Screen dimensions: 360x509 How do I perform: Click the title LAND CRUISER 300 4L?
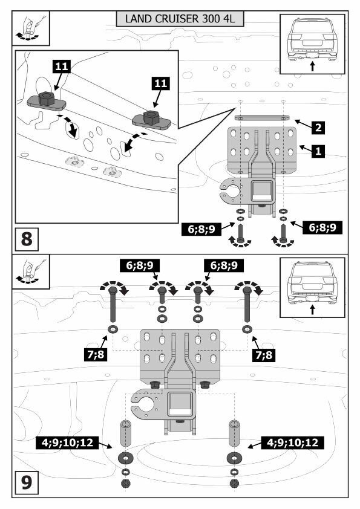(x=180, y=19)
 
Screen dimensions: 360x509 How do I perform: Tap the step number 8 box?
(x=27, y=239)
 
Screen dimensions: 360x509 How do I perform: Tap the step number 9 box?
(x=27, y=482)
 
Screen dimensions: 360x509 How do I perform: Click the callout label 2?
(x=318, y=127)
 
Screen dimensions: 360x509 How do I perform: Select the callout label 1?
(x=318, y=151)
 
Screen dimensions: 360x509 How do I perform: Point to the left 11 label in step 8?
(x=61, y=66)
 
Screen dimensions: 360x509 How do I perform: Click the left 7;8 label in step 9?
(x=96, y=354)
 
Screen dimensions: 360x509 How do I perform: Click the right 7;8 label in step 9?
(x=264, y=355)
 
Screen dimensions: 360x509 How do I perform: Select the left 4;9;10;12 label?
(x=67, y=442)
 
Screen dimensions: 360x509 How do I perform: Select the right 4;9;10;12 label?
(x=293, y=442)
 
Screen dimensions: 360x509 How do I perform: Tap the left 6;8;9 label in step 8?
(x=201, y=229)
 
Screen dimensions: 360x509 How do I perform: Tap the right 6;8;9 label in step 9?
(x=224, y=265)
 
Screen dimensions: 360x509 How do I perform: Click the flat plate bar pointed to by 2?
(x=262, y=117)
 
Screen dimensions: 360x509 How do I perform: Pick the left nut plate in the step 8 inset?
(x=47, y=101)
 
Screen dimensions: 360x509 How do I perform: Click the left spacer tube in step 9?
(x=126, y=433)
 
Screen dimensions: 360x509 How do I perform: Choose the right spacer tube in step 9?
(x=234, y=433)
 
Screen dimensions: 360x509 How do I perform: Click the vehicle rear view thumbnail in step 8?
(x=312, y=44)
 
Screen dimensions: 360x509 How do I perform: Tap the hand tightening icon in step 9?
(x=30, y=271)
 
